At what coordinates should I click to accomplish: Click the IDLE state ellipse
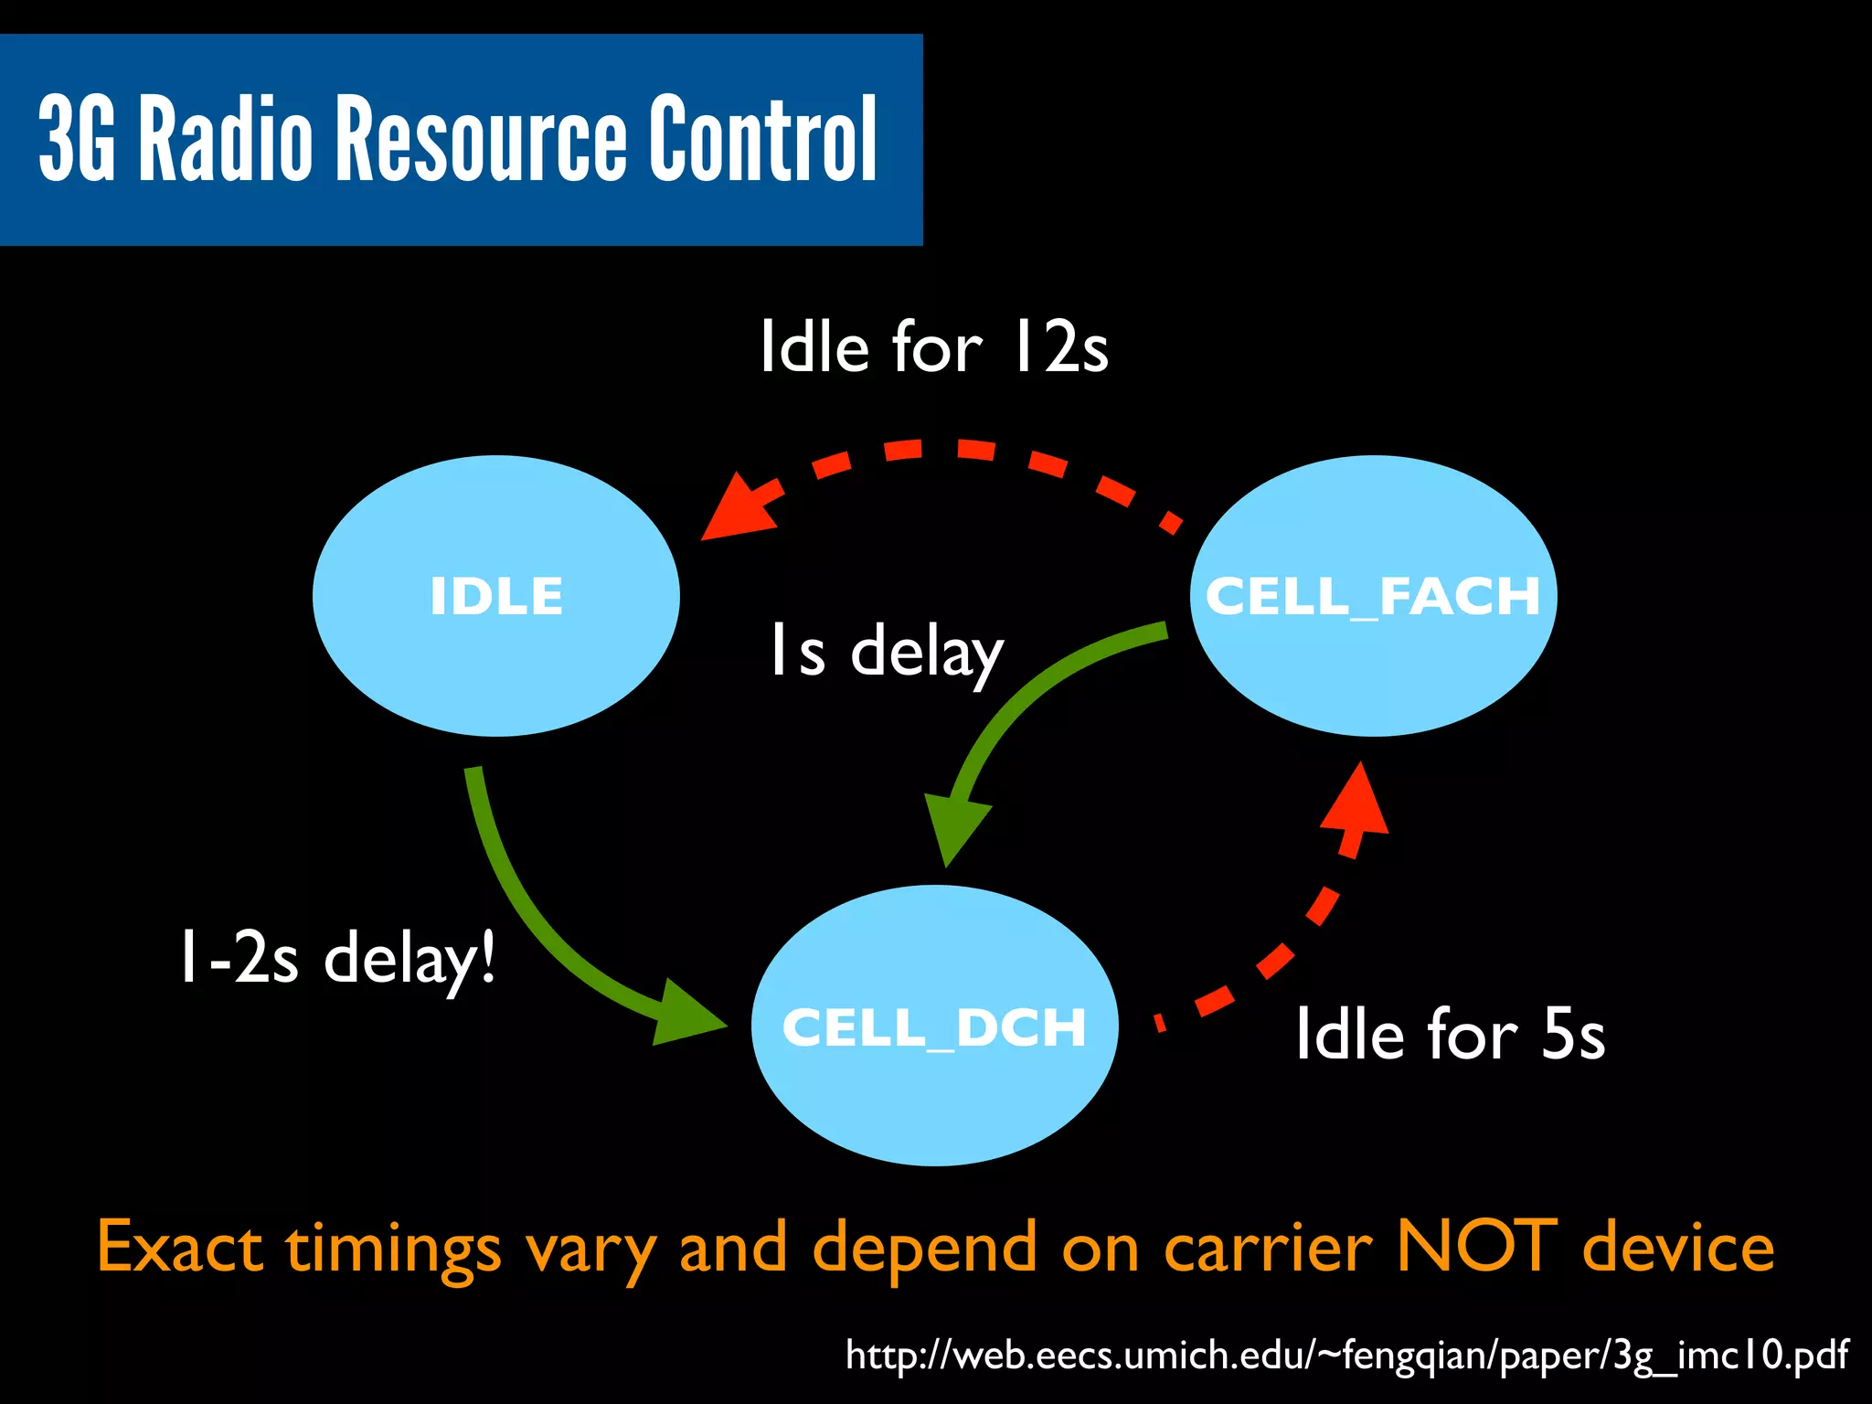click(495, 596)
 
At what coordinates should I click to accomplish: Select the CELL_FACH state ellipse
click(1373, 596)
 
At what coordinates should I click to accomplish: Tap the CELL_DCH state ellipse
click(934, 1026)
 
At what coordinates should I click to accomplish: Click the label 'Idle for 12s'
click(934, 347)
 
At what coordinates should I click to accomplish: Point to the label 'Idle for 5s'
click(1450, 1035)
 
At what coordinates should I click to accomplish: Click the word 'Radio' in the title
click(225, 139)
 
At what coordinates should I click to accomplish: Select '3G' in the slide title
click(77, 139)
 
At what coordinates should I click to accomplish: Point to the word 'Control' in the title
click(763, 139)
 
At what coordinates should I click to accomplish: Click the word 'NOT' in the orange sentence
click(1475, 1247)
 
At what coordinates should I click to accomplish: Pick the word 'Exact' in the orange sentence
click(179, 1247)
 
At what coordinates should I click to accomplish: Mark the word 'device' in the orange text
click(1678, 1247)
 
